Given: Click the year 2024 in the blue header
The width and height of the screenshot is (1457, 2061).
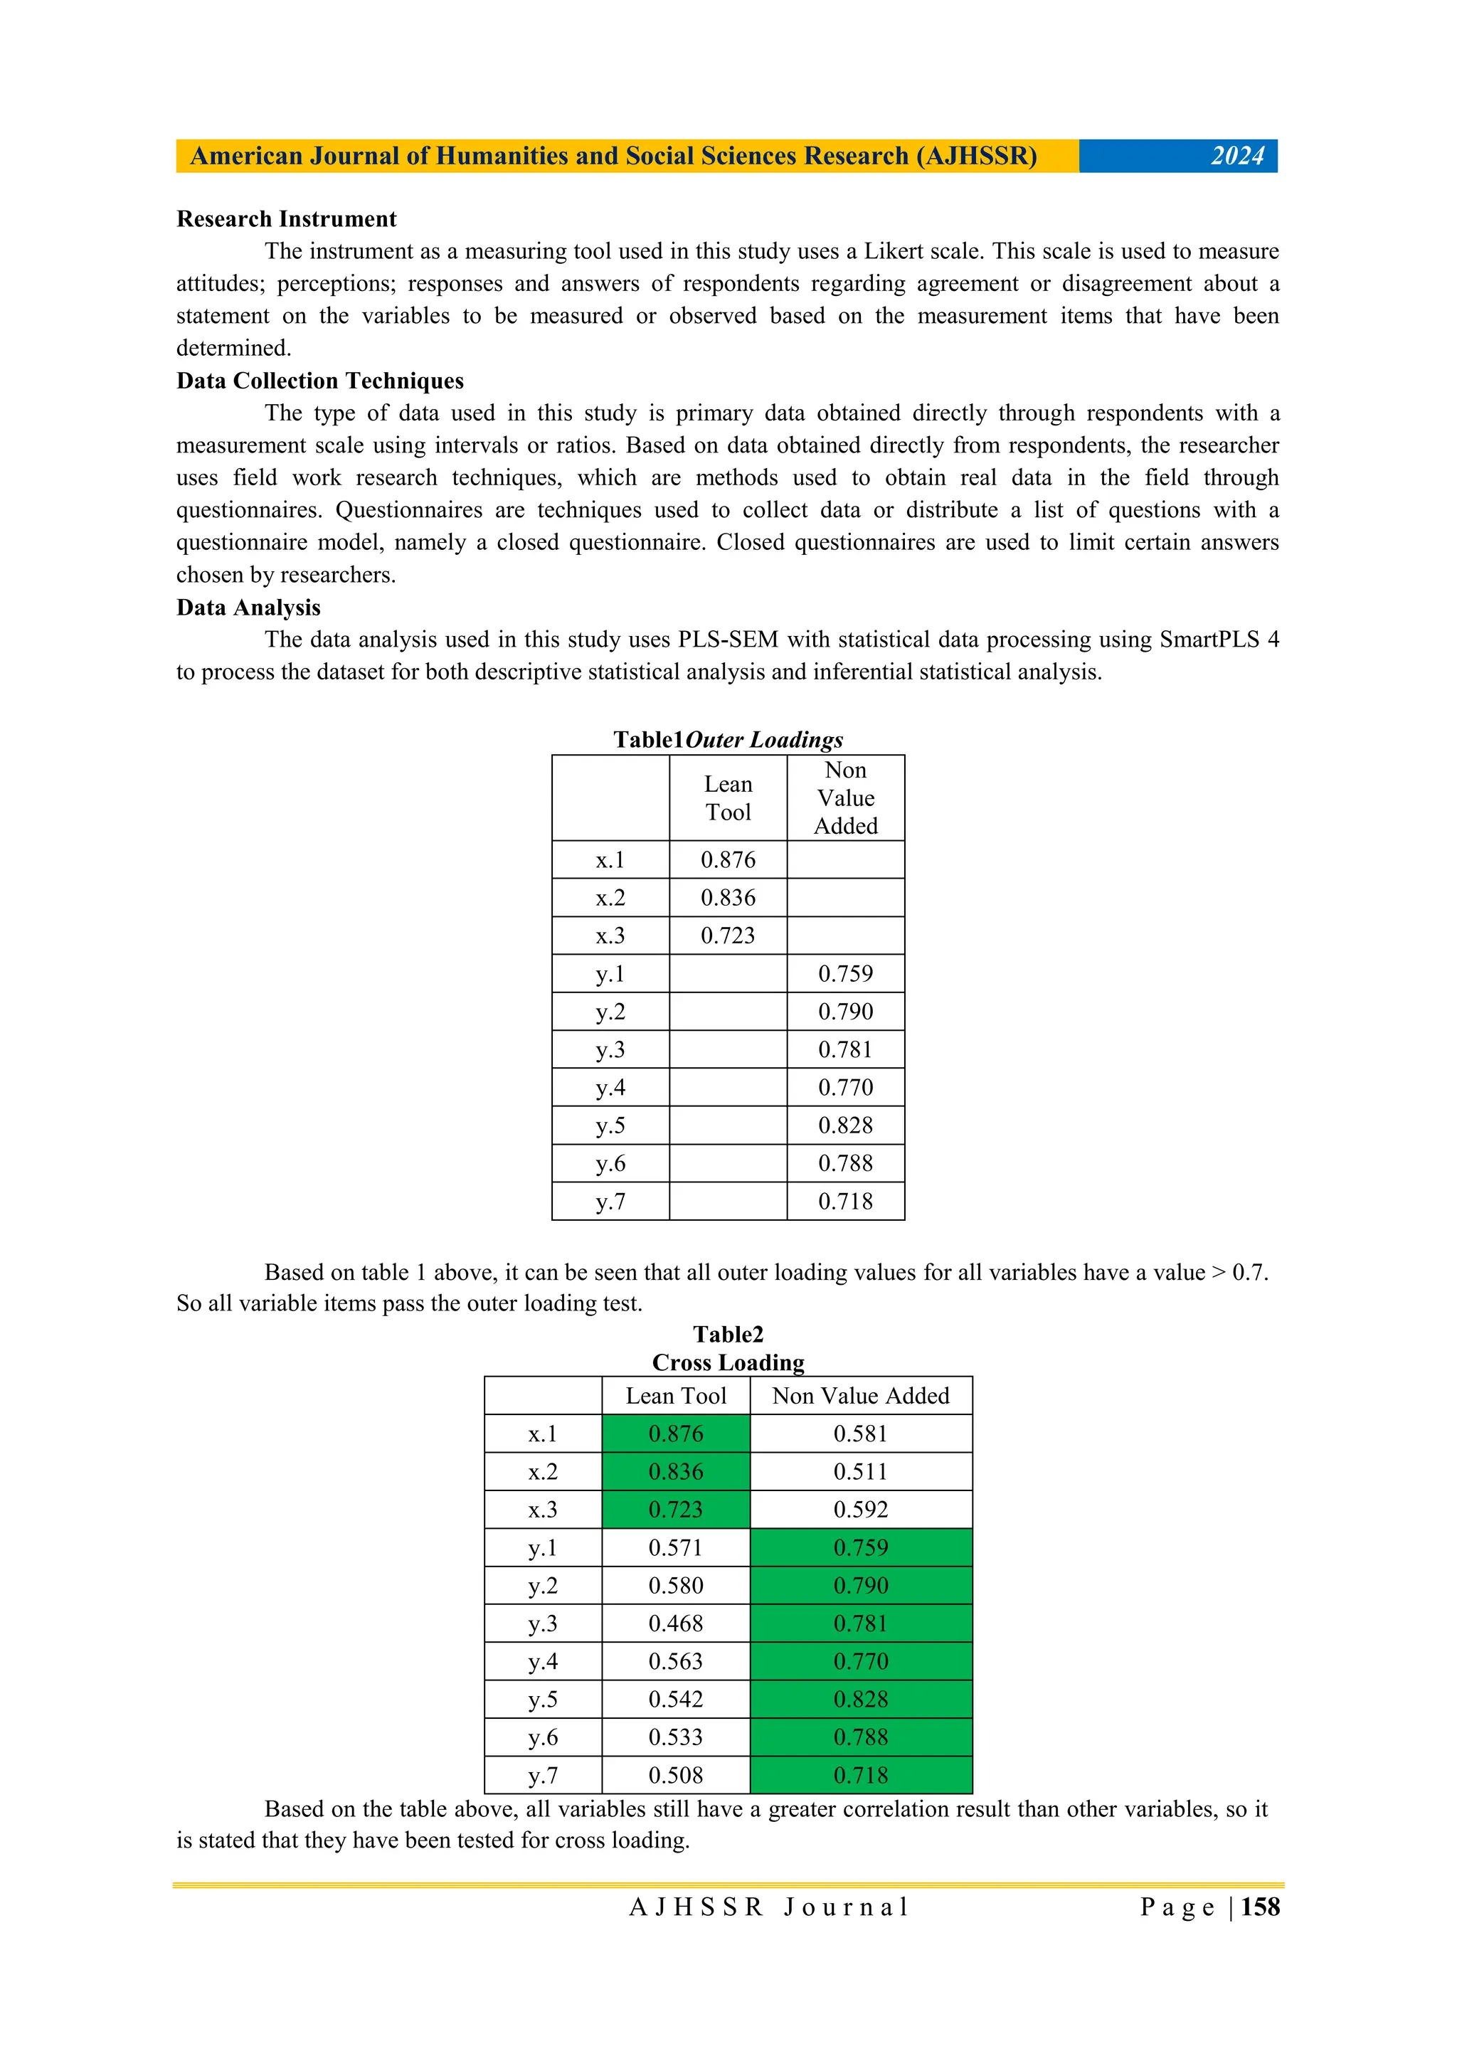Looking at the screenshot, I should click(1236, 157).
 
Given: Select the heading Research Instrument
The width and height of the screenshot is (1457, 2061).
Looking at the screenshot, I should click(287, 219).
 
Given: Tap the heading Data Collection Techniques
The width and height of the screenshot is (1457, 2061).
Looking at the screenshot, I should click(319, 381).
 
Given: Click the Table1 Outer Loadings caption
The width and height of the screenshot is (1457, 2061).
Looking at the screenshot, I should click(727, 740).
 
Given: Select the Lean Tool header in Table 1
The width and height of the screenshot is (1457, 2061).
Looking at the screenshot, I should click(727, 798).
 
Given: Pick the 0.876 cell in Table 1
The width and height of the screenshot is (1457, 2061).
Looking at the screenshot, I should click(727, 860).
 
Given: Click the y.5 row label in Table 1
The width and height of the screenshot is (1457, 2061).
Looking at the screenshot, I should click(610, 1125).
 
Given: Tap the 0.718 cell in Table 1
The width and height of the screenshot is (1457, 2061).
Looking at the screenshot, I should click(844, 1202).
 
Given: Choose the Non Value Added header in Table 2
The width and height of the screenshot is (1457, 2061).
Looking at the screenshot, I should click(860, 1396).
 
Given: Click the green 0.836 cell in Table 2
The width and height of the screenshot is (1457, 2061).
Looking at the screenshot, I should click(675, 1472).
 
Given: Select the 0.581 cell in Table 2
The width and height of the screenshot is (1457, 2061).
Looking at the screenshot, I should click(860, 1434).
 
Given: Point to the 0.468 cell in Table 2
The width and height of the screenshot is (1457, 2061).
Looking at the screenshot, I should click(675, 1624).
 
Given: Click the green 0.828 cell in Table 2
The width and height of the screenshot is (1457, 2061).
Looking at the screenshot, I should click(860, 1700).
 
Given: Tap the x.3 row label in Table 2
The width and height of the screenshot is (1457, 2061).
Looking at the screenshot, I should click(542, 1510).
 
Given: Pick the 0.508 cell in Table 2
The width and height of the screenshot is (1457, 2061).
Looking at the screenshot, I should click(675, 1776).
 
